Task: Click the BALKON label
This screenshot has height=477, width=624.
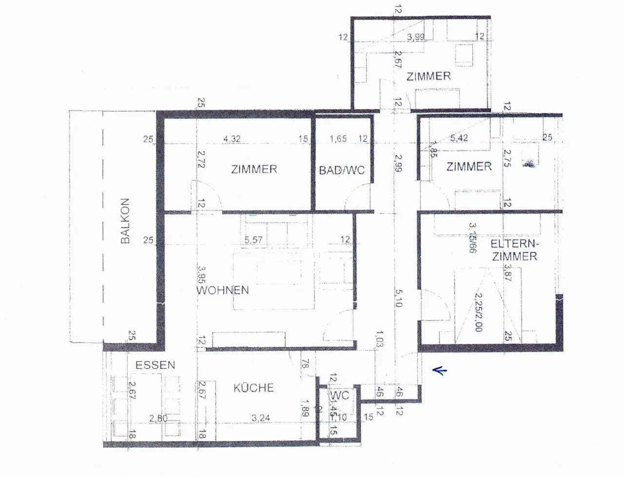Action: (125, 221)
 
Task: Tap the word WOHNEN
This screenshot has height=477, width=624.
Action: (223, 290)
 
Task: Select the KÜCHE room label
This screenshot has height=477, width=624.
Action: (253, 388)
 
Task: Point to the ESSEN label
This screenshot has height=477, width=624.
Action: (155, 365)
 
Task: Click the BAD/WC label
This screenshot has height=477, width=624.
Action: (342, 171)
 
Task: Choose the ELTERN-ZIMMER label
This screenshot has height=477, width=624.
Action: (514, 250)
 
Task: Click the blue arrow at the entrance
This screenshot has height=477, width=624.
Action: (440, 371)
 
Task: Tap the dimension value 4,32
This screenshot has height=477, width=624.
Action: (232, 139)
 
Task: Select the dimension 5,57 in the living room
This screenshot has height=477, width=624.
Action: (253, 240)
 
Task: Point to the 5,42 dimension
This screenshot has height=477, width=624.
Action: (459, 138)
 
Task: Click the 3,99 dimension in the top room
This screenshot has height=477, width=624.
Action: (416, 37)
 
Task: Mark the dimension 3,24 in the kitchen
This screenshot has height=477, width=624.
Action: (261, 418)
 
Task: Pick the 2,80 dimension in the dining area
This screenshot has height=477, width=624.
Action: (158, 418)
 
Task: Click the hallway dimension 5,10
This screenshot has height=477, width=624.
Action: (398, 298)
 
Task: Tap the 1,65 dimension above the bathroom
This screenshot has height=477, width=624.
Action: (338, 139)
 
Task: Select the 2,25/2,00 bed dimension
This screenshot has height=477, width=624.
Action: (478, 312)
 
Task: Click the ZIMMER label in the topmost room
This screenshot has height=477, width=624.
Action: (429, 76)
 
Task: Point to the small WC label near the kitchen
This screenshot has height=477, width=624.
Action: (339, 395)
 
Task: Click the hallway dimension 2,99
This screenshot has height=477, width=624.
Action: (398, 163)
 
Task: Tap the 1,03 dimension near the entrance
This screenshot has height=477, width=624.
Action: (380, 339)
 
